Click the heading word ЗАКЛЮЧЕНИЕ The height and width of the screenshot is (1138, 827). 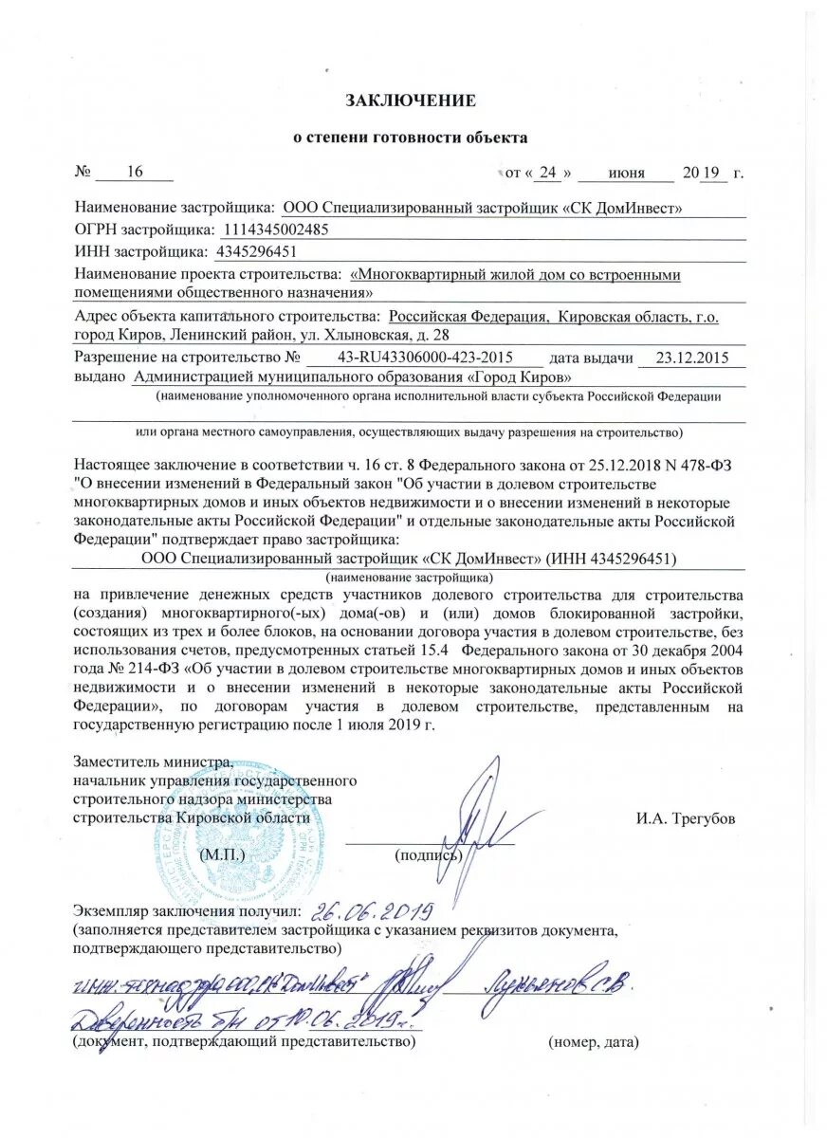pyautogui.click(x=410, y=100)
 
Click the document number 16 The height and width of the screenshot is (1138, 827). pyautogui.click(x=134, y=172)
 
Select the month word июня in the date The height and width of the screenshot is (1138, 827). pyautogui.click(x=626, y=173)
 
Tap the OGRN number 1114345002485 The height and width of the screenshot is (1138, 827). pyautogui.click(x=276, y=229)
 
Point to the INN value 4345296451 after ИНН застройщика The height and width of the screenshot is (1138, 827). pyautogui.click(x=257, y=251)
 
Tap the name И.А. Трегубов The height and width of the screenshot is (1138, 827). pyautogui.click(x=686, y=817)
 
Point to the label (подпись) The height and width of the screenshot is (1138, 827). pyautogui.click(x=428, y=855)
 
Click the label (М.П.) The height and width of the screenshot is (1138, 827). pyautogui.click(x=223, y=853)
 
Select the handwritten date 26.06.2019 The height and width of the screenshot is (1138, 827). pyautogui.click(x=374, y=912)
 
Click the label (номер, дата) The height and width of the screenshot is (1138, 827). pyautogui.click(x=594, y=1042)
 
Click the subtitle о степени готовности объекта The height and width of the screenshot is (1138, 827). pyautogui.click(x=409, y=138)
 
